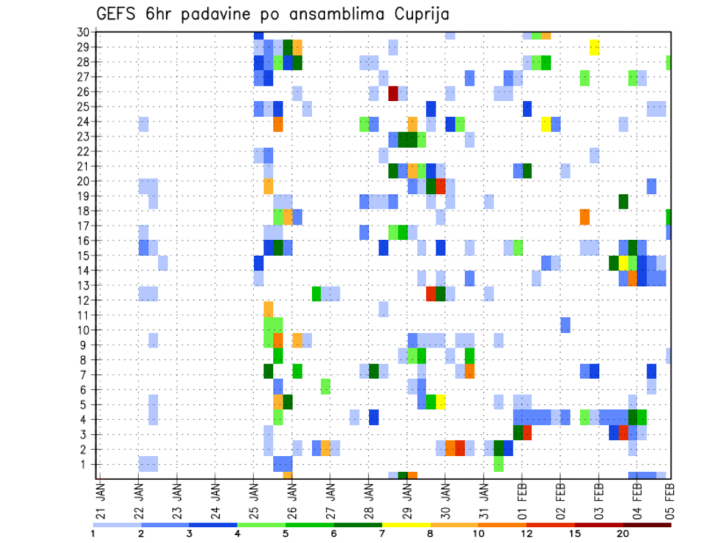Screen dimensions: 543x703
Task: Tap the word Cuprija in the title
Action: tap(419, 15)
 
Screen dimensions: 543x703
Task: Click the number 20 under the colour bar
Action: tap(622, 533)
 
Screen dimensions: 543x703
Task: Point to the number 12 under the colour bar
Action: tap(527, 533)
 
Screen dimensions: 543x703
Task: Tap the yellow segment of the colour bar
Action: tap(406, 524)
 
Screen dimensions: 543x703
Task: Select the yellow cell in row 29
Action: tap(595, 48)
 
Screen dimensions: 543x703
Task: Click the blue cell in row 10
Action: tap(565, 324)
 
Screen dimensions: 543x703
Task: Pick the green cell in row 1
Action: tap(499, 464)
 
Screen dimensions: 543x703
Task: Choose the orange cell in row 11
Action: tap(268, 309)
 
